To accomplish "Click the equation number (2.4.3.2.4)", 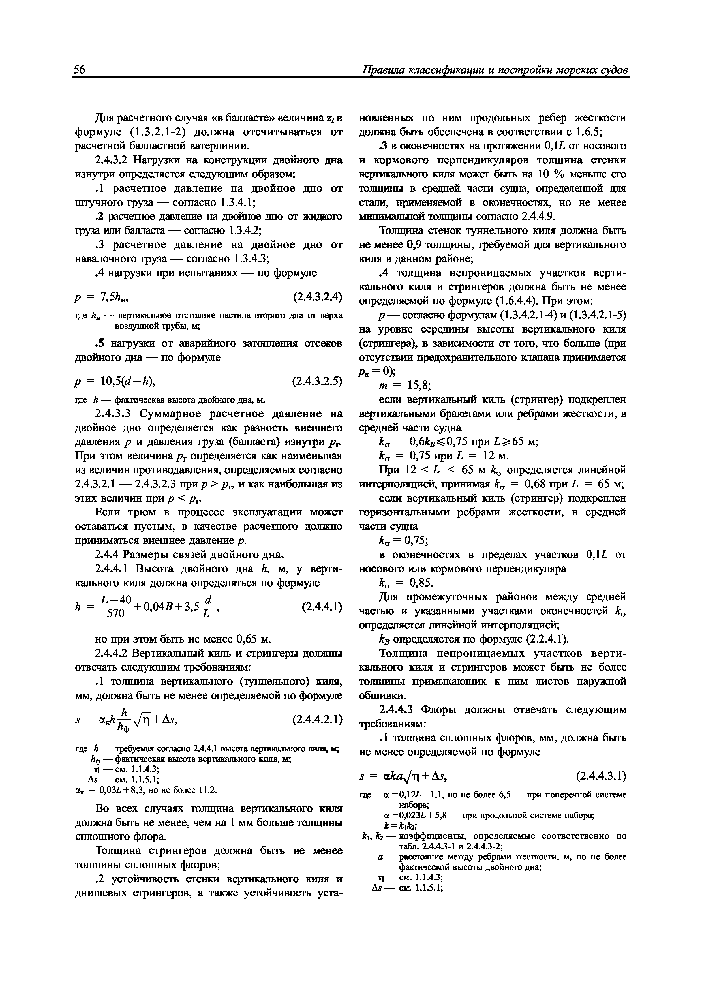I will coord(318,297).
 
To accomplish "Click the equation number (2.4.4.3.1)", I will coord(601,776).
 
